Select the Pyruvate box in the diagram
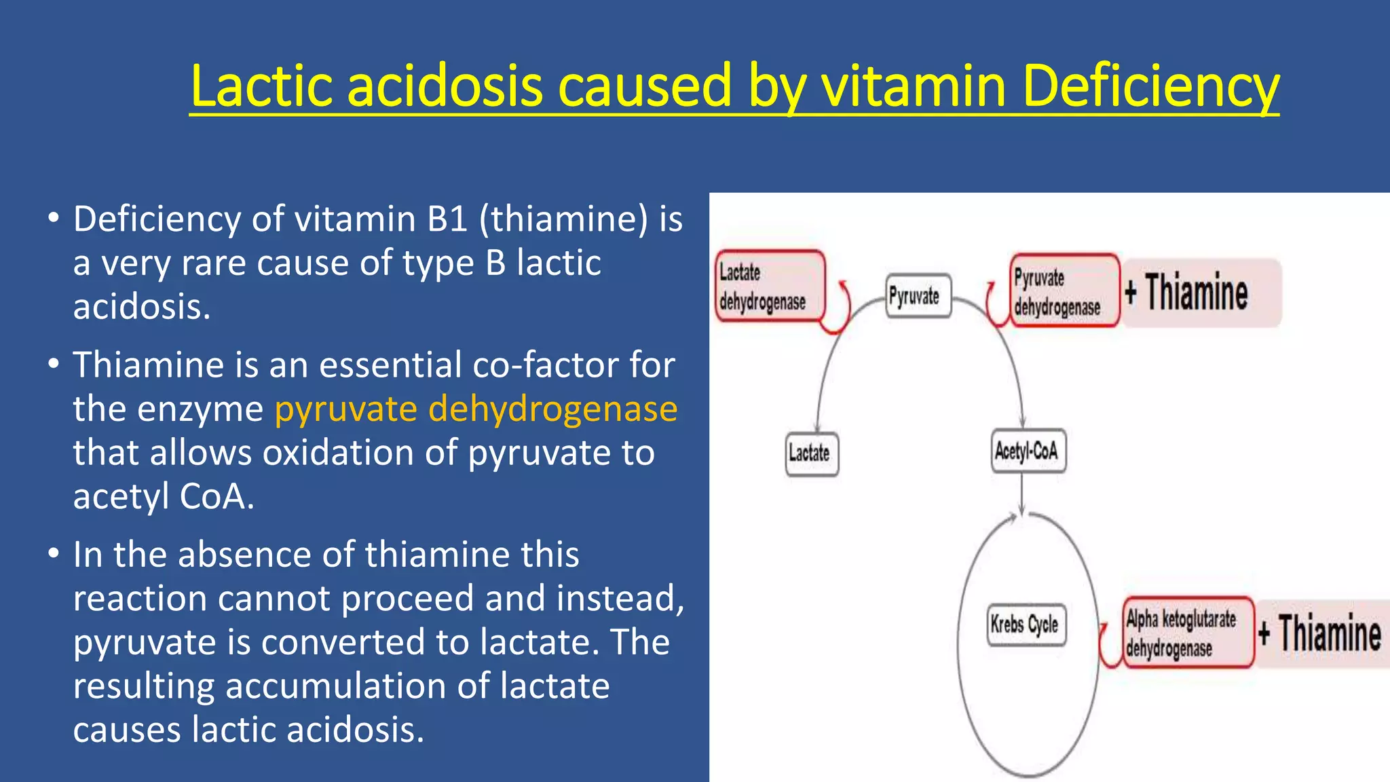[918, 296]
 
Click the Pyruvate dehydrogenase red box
[1063, 291]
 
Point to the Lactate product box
[811, 453]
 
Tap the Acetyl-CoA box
[1028, 451]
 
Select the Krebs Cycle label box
[1026, 624]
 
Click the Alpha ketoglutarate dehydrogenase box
[1186, 633]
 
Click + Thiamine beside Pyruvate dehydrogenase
[1199, 293]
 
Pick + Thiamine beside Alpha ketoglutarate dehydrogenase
[1321, 633]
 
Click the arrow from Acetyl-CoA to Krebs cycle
[1021, 494]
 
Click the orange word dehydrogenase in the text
[552, 409]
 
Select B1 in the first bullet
[447, 219]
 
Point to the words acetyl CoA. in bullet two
[164, 496]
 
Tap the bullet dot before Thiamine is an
[54, 364]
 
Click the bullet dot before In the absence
[54, 553]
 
